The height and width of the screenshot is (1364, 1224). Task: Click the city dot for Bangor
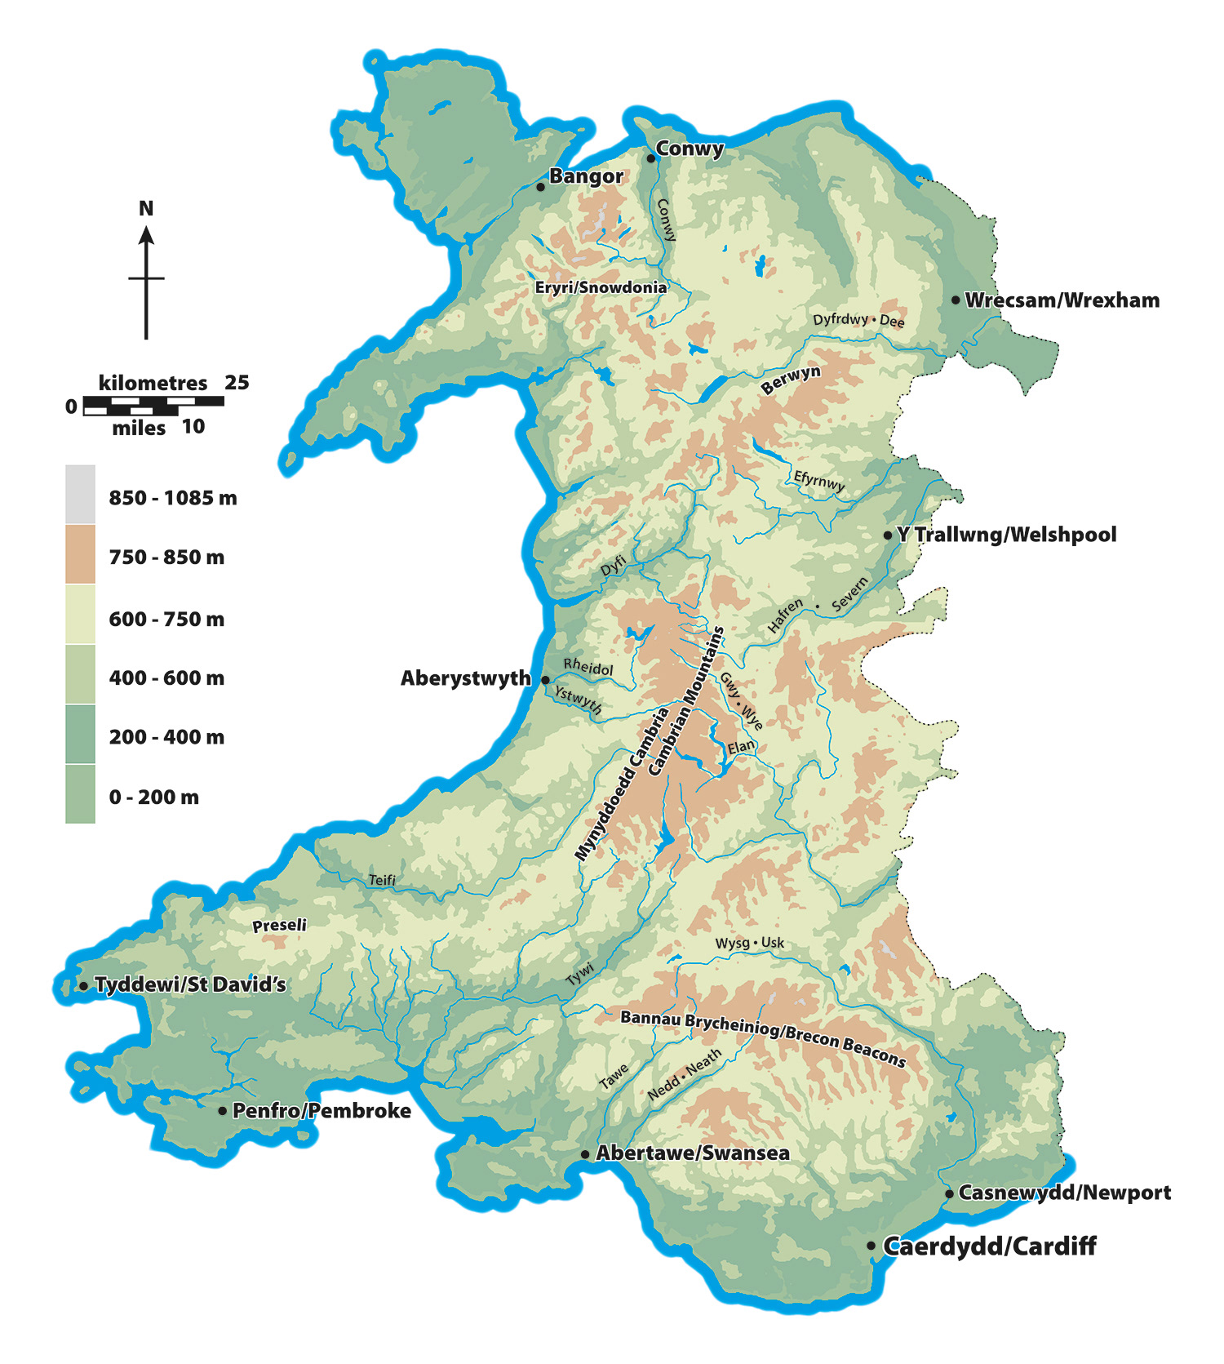[x=540, y=187]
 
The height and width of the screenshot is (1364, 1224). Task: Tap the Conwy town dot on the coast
[x=651, y=158]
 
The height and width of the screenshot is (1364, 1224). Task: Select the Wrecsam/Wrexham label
[x=1062, y=300]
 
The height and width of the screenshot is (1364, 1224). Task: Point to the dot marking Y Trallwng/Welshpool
[x=888, y=535]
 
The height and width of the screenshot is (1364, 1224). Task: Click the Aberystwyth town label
[x=465, y=678]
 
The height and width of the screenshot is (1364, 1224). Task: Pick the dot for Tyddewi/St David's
[x=83, y=986]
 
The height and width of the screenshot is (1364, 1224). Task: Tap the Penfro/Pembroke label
[x=322, y=1111]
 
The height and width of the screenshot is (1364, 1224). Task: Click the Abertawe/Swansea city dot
[x=585, y=1154]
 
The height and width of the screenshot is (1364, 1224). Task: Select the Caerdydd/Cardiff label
[x=989, y=1246]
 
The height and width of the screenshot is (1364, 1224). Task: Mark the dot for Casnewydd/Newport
[x=950, y=1194]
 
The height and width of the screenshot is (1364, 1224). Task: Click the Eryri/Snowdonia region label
[x=601, y=287]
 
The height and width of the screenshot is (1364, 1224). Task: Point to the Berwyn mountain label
[x=791, y=380]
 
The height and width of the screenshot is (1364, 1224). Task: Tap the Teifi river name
[x=382, y=880]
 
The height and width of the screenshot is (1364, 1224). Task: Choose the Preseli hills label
[x=279, y=926]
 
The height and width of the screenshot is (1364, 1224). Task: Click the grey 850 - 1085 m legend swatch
[x=80, y=494]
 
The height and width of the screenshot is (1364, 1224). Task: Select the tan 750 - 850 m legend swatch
[x=80, y=554]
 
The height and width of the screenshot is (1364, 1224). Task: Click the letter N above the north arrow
[x=146, y=209]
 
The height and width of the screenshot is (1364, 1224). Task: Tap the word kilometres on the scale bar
[x=153, y=383]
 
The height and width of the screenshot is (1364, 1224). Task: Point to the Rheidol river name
[x=588, y=667]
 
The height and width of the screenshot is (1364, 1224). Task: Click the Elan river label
[x=741, y=747]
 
